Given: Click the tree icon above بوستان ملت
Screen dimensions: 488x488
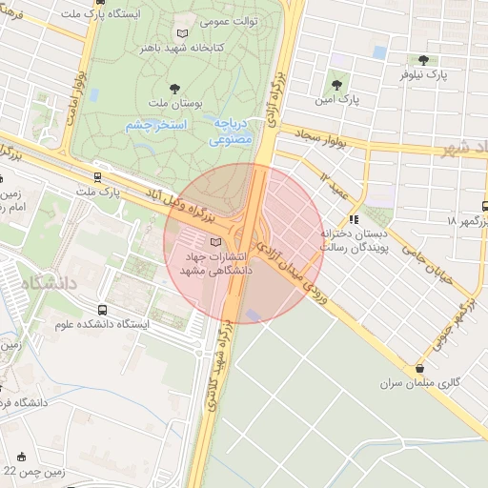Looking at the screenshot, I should pos(174,88).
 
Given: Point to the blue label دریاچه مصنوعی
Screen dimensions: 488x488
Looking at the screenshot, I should pos(231,132).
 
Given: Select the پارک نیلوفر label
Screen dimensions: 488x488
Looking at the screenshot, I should pos(448,73).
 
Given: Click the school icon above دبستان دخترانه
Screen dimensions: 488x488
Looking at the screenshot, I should pos(355,219).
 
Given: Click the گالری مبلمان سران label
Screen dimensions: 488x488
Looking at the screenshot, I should pos(420,382).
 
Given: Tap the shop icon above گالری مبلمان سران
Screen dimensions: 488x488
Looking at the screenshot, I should pos(419,368).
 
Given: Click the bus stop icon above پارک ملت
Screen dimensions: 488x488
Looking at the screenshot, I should pos(98,176).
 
